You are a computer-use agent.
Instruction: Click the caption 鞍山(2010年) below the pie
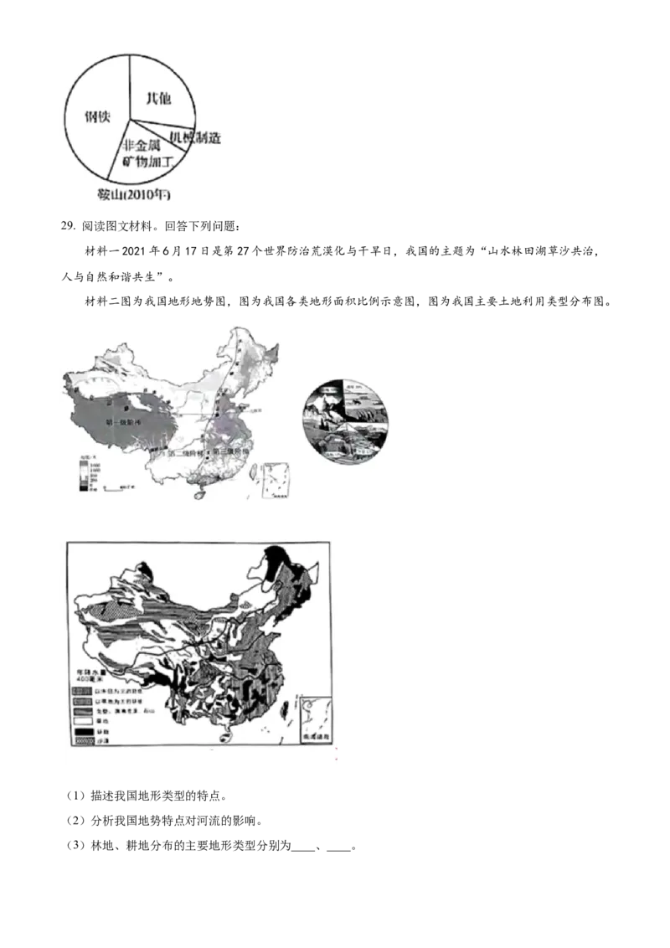[x=134, y=197]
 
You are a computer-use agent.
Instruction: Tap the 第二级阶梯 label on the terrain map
[x=187, y=453]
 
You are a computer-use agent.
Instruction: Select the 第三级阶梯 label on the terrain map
[x=232, y=451]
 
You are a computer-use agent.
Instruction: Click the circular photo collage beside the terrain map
[x=343, y=420]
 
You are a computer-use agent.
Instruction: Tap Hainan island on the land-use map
[x=224, y=738]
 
